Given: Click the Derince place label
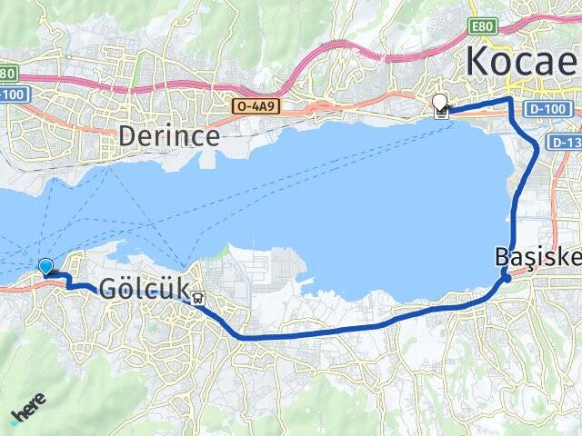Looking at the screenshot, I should [169, 137].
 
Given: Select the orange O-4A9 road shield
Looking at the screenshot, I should [255, 106].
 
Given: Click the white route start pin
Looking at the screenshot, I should [441, 103].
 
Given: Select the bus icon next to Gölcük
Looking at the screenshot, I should [198, 295].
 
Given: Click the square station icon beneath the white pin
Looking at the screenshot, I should [441, 114].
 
